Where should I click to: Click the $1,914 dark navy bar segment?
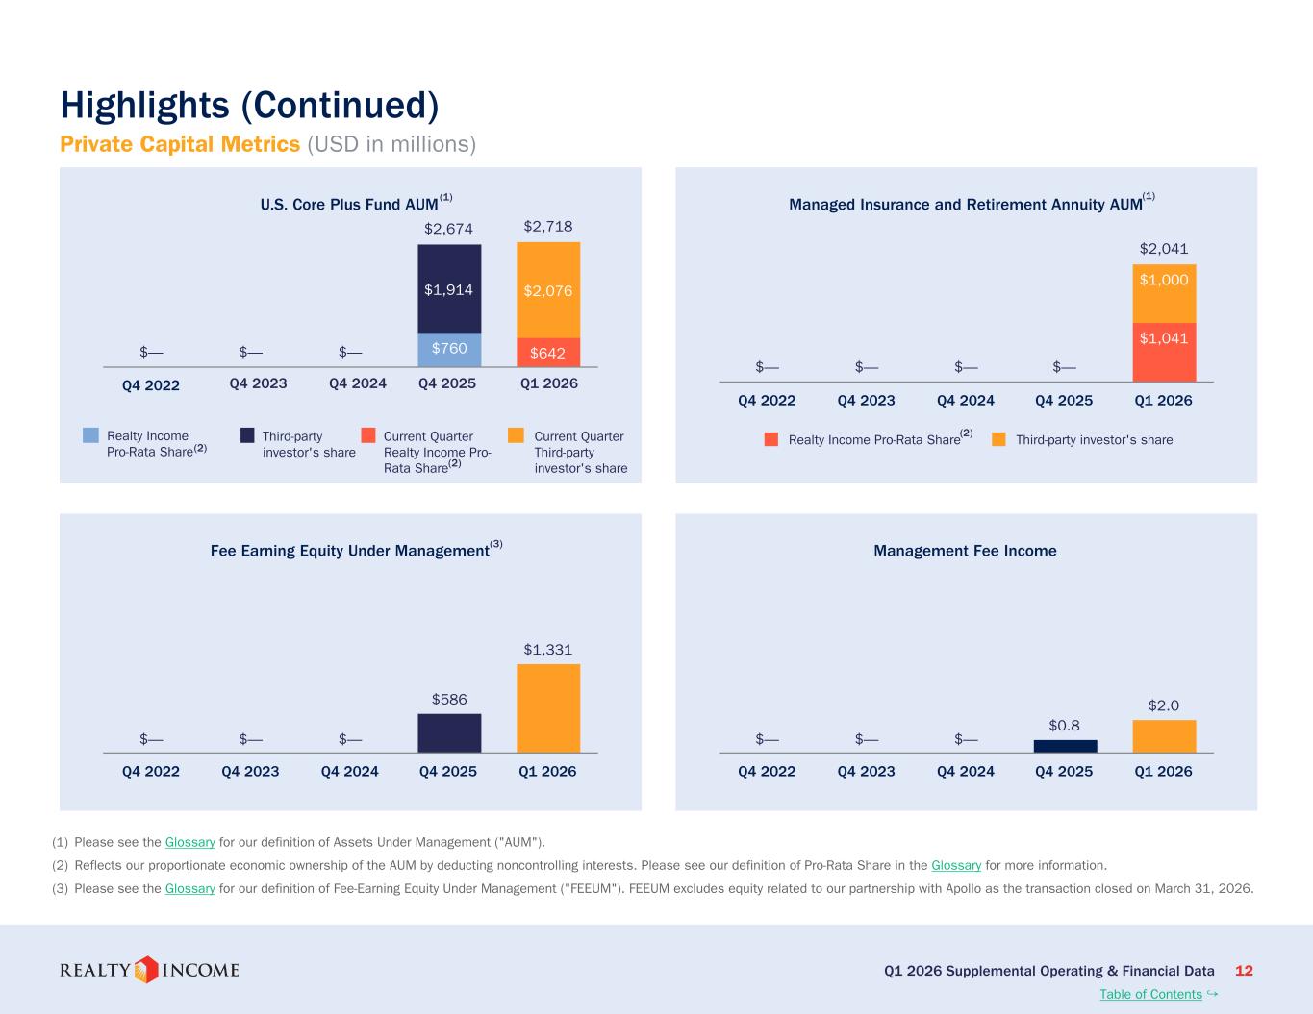click(x=449, y=288)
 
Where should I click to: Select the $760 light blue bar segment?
click(x=449, y=350)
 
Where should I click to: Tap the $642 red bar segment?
click(x=548, y=353)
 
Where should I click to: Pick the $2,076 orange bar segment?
click(x=548, y=290)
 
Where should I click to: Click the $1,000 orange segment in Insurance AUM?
click(x=1164, y=294)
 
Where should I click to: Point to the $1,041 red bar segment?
click(x=1164, y=353)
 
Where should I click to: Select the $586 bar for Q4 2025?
click(x=449, y=733)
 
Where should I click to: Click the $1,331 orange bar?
click(x=548, y=708)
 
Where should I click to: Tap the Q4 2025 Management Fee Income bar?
click(x=1065, y=746)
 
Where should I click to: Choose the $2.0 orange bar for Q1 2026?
click(x=1164, y=736)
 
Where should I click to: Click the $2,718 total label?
click(x=548, y=226)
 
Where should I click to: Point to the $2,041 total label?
click(x=1164, y=249)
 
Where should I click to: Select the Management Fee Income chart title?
click(x=965, y=551)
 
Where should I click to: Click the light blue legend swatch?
click(x=90, y=435)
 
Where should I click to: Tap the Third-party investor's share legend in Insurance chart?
click(x=1082, y=440)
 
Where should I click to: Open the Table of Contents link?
click(x=1150, y=994)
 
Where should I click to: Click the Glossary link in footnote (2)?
click(x=956, y=865)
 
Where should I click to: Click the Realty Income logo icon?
click(x=146, y=970)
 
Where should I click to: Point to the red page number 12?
click(x=1244, y=971)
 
